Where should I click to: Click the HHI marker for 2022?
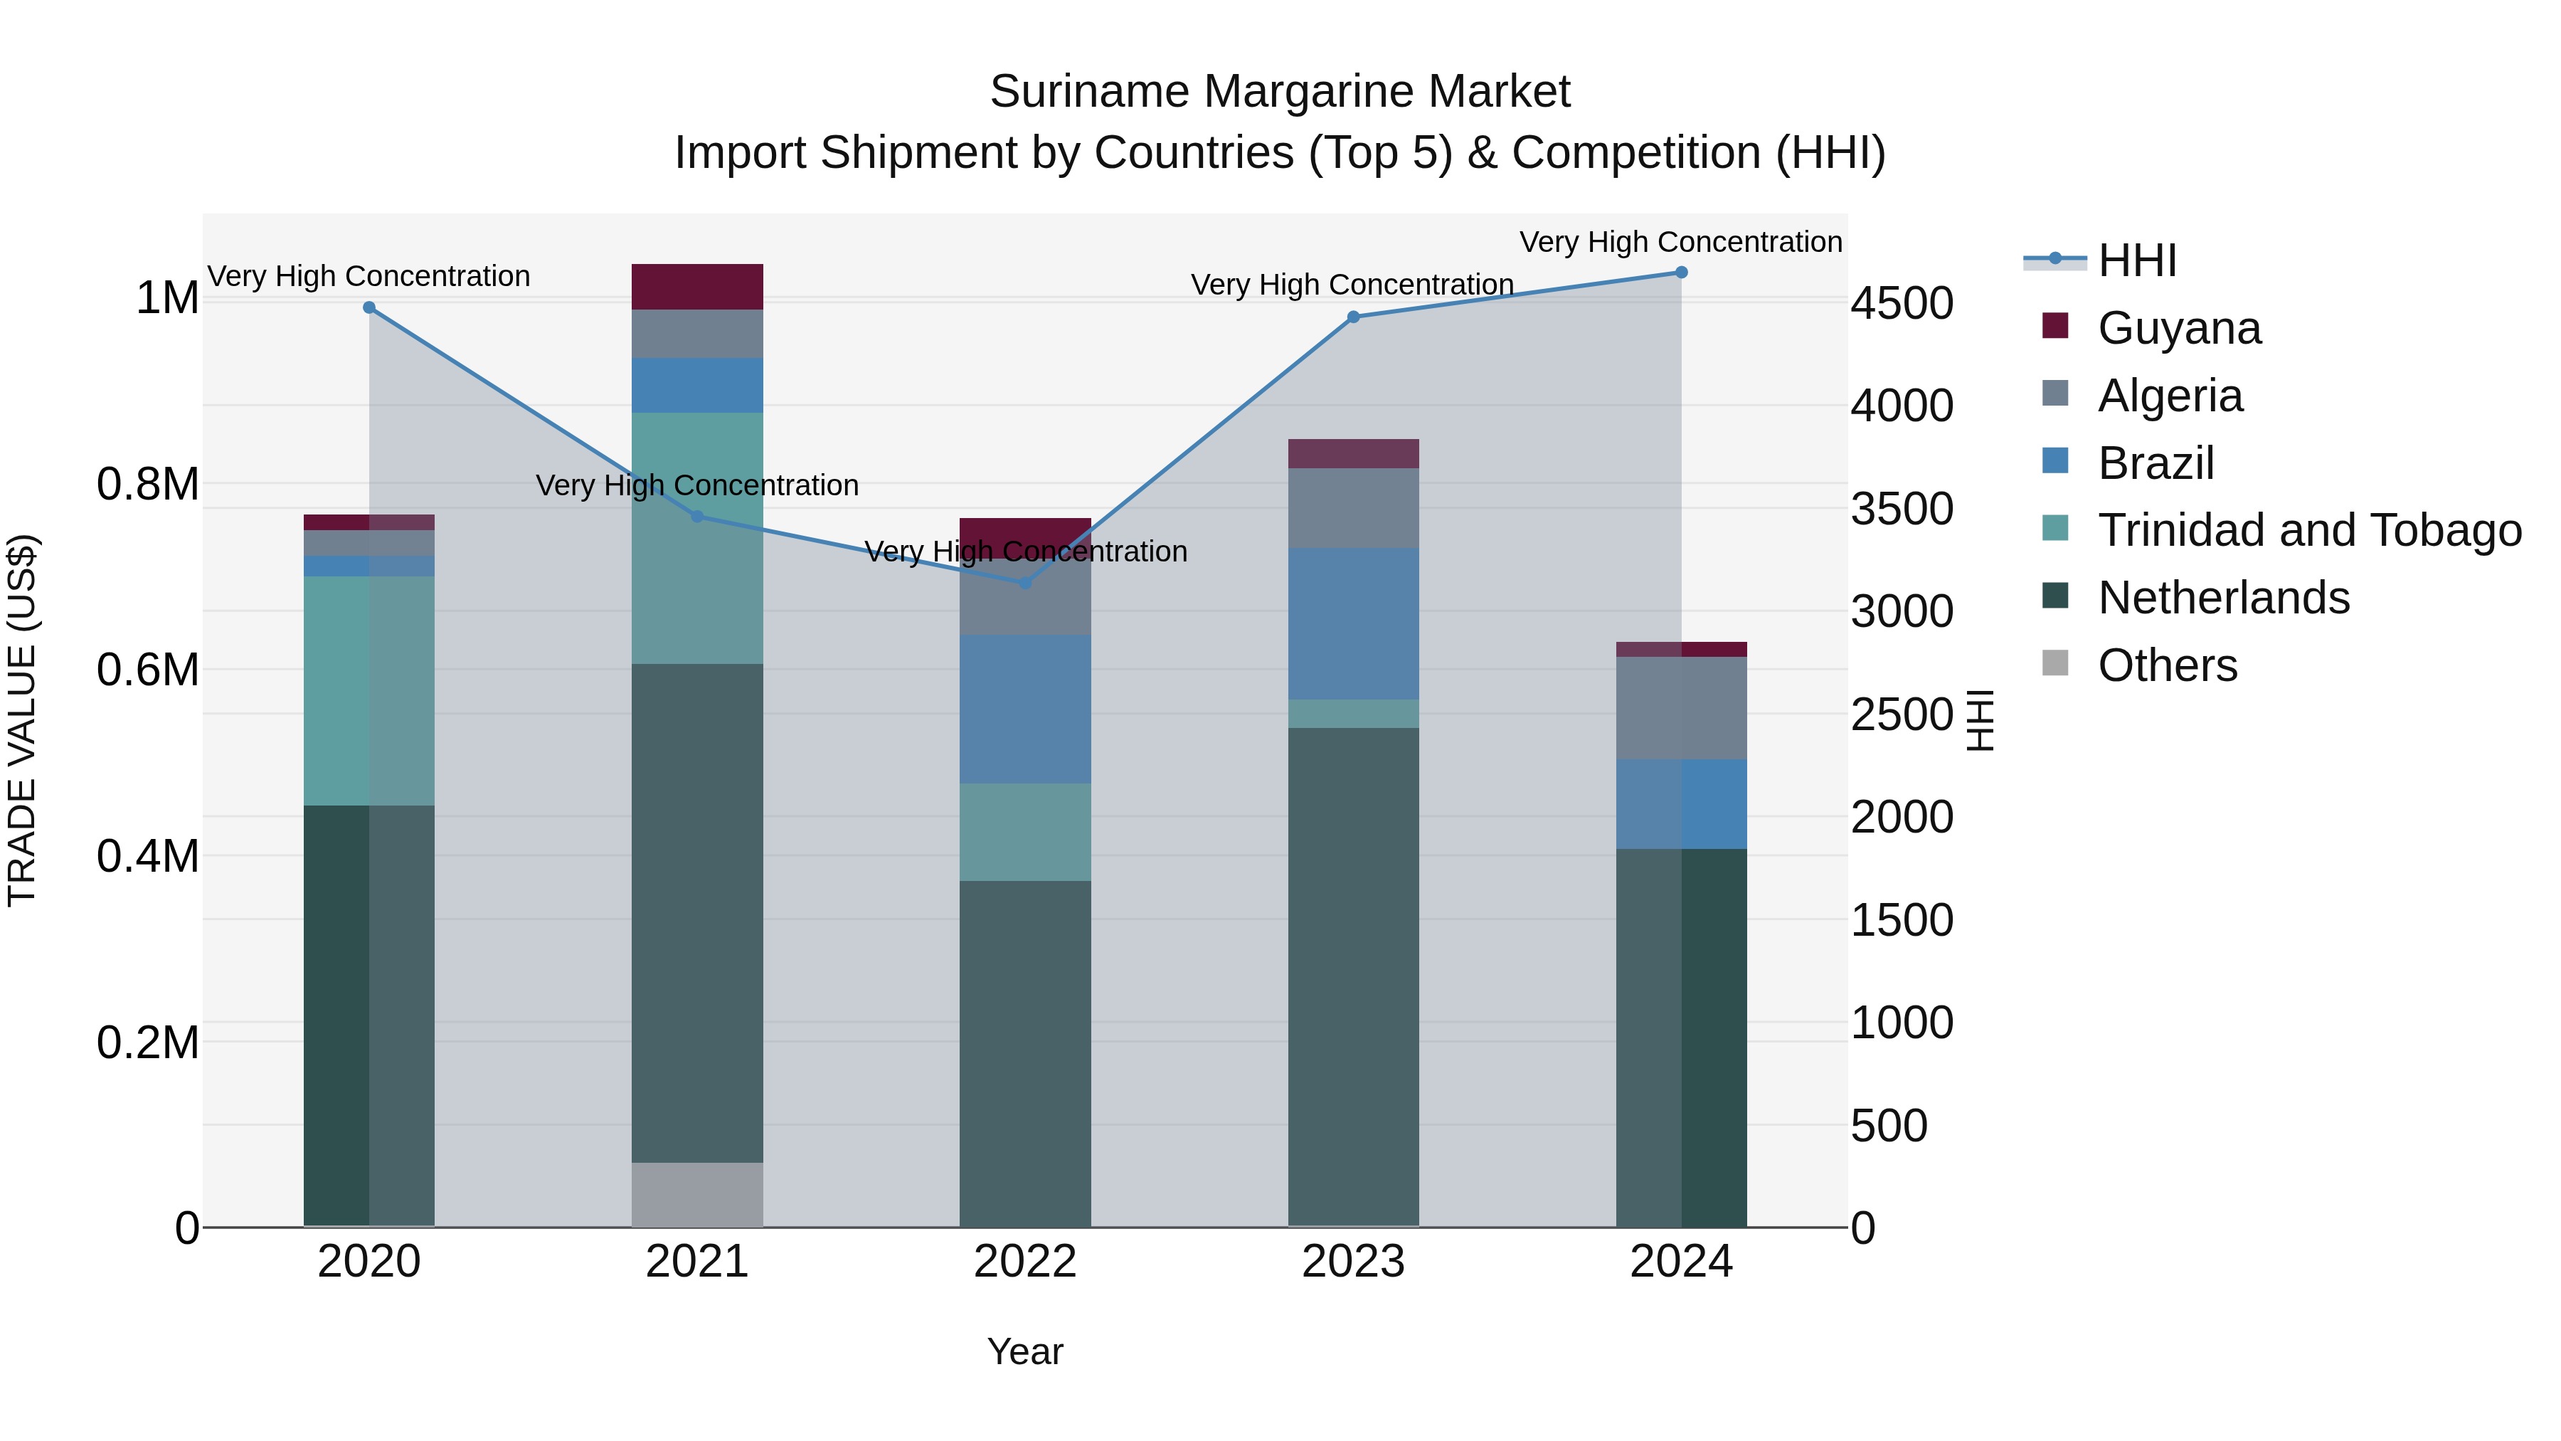(1025, 583)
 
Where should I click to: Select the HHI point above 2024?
(1681, 273)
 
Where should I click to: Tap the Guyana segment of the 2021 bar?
(697, 286)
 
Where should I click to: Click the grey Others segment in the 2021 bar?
(697, 1193)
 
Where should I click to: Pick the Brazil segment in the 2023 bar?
(1353, 623)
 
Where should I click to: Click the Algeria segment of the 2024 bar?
(1681, 708)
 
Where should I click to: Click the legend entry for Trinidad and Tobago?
(2308, 530)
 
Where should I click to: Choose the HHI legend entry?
(2138, 260)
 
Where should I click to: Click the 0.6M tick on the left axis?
(148, 670)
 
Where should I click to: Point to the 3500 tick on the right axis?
(1901, 510)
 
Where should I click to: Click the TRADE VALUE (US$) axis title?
(23, 720)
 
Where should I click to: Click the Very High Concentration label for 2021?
(697, 485)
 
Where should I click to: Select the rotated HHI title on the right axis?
(1981, 720)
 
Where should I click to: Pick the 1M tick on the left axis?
(167, 298)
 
